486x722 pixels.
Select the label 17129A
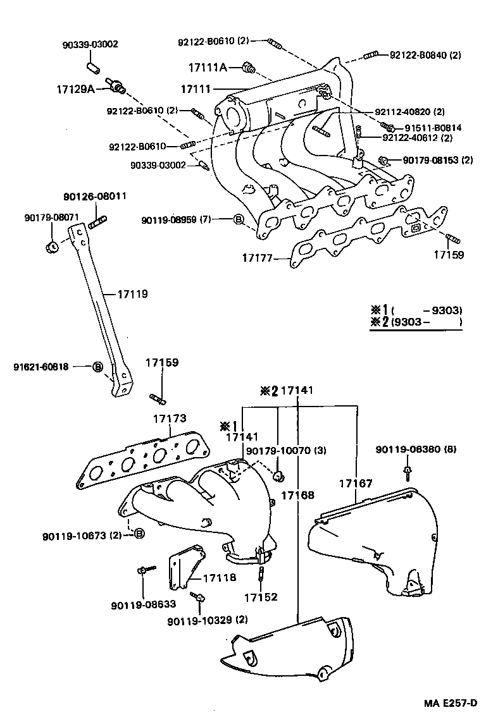pos(75,89)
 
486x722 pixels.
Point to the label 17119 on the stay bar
pos(133,294)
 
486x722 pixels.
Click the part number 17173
pos(169,419)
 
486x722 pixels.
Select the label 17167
pos(353,484)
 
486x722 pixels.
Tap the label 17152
pos(261,596)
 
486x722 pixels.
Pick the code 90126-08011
pos(95,196)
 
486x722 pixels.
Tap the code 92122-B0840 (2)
pos(425,55)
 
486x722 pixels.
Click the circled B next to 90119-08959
pos(238,220)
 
